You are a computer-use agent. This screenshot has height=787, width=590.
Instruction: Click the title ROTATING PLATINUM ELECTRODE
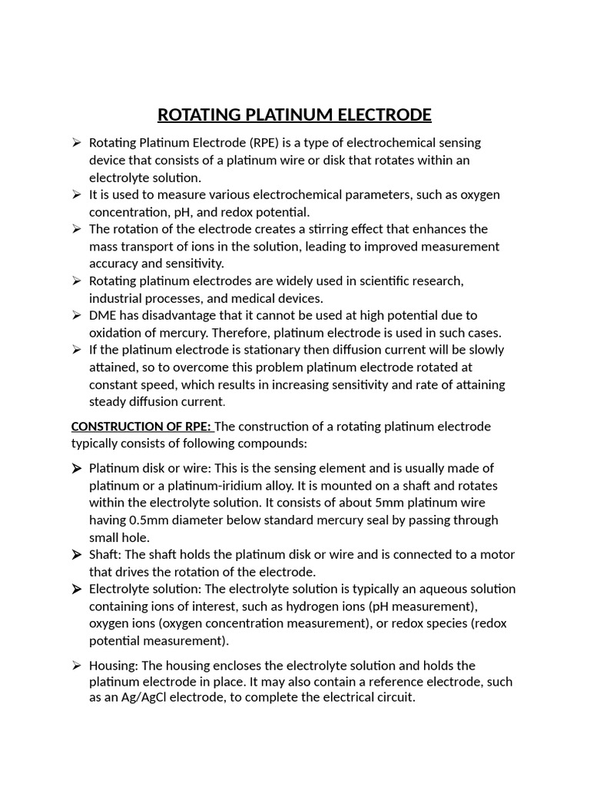click(294, 115)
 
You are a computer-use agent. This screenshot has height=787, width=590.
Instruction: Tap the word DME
click(104, 315)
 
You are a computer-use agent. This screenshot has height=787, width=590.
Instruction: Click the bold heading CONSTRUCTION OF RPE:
click(141, 427)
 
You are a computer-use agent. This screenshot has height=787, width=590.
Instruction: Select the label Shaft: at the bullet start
click(106, 555)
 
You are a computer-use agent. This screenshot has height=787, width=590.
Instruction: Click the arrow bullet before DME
click(77, 315)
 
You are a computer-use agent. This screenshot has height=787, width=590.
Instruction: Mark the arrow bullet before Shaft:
click(77, 555)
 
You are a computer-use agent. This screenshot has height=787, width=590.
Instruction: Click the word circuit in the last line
click(392, 698)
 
